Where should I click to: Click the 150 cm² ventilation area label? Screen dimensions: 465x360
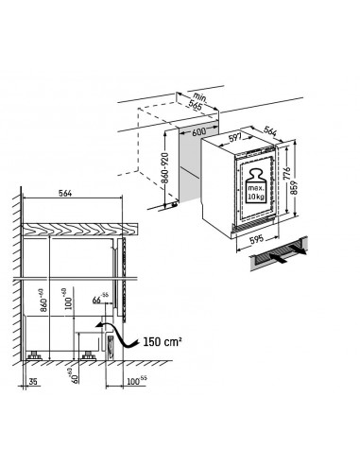(163, 336)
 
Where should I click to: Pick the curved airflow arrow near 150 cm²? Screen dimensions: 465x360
(113, 333)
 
